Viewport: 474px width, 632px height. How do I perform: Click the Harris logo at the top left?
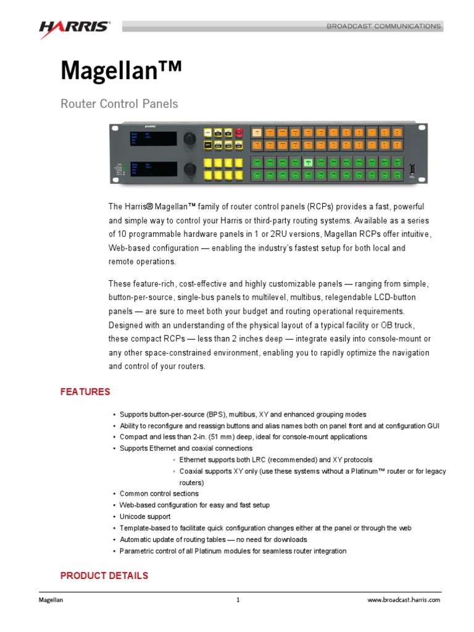[x=75, y=28]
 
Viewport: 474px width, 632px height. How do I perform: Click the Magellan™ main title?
[x=121, y=71]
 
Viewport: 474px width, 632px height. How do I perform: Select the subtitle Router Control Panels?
[x=119, y=104]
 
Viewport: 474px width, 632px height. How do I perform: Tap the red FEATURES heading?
[x=85, y=392]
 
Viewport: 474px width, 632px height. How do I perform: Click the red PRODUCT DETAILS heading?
[x=104, y=576]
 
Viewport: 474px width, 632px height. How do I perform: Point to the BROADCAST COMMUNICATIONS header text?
[x=383, y=27]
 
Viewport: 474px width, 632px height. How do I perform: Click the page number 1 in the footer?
[x=238, y=600]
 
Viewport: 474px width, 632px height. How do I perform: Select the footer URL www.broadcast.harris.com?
[x=404, y=600]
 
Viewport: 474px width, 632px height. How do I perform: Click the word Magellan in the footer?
[x=51, y=600]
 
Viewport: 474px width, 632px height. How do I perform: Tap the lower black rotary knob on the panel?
[x=191, y=168]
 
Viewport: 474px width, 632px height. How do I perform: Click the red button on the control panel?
[x=239, y=133]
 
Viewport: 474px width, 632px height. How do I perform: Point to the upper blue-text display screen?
[x=152, y=139]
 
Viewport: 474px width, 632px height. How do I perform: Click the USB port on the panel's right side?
[x=412, y=168]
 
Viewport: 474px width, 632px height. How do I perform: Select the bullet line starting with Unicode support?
[x=145, y=517]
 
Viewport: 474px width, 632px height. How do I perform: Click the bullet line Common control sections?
[x=159, y=494]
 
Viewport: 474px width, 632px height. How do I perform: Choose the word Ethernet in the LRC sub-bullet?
[x=193, y=460]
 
